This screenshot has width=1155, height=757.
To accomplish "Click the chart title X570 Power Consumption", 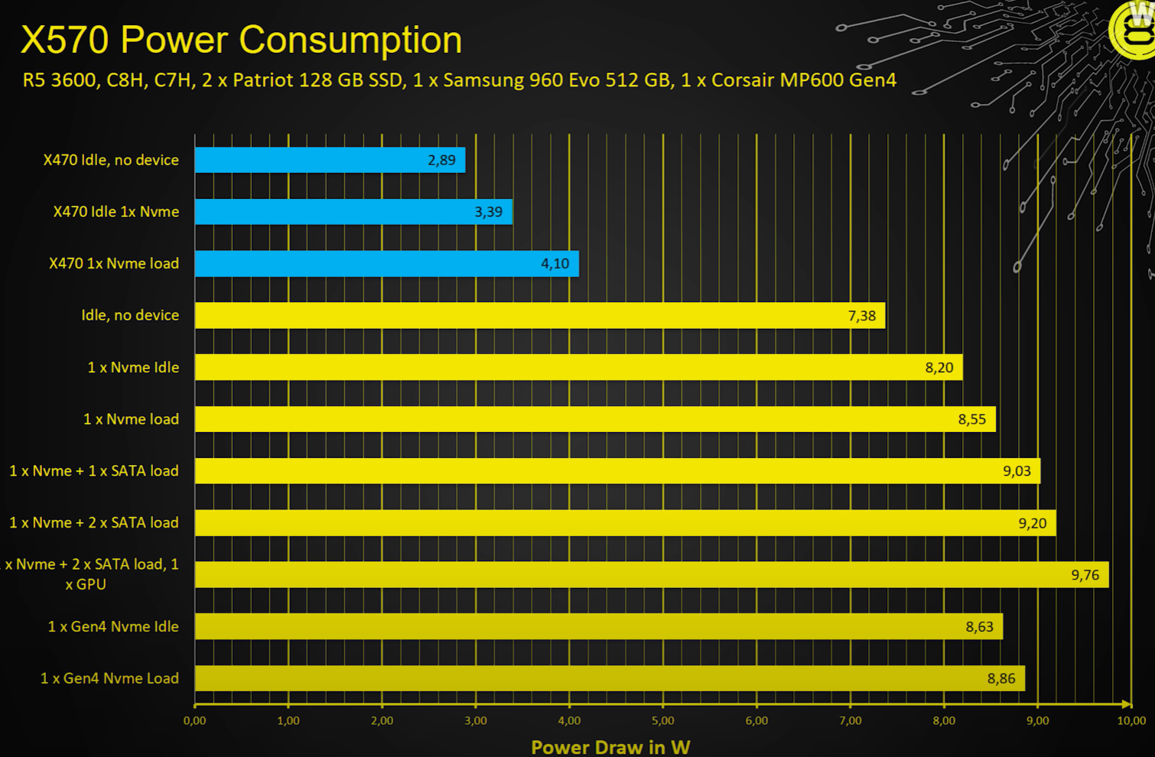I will (x=241, y=40).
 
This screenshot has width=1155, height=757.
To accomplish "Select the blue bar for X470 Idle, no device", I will (x=329, y=160).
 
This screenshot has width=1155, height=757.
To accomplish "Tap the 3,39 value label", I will (x=488, y=212).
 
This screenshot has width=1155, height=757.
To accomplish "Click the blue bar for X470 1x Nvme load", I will (x=386, y=264).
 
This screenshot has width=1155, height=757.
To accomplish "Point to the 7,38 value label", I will (x=861, y=316).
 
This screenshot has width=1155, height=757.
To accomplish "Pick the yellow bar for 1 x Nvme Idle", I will (x=578, y=368).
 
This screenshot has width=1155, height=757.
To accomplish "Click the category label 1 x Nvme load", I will (x=131, y=419).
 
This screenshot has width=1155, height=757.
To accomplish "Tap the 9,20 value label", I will (x=1032, y=523).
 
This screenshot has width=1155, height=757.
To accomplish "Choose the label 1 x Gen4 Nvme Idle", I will (x=113, y=627).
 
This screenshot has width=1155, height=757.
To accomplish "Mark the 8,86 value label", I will (x=1000, y=678).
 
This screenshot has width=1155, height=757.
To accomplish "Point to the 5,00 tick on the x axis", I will (x=662, y=720).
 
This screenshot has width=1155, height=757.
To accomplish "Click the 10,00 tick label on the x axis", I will (x=1131, y=720).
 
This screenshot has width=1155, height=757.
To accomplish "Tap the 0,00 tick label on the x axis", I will (x=194, y=720).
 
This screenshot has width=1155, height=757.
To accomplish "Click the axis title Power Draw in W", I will (x=610, y=747).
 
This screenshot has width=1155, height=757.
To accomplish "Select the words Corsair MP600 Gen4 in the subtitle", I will (x=803, y=80).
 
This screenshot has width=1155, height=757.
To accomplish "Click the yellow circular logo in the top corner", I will (x=1134, y=31).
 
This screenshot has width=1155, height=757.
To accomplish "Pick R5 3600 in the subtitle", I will (x=60, y=80).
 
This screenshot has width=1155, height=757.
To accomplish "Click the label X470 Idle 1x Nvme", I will (x=116, y=212).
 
